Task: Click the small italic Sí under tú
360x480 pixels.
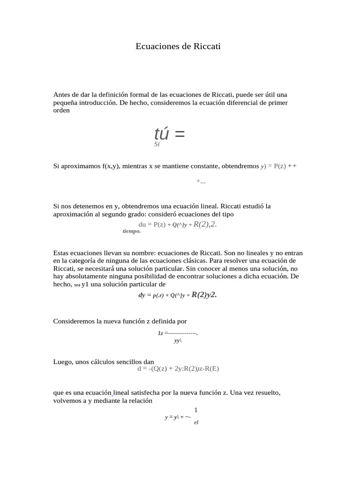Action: (x=157, y=145)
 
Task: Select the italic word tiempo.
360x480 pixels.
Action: (x=132, y=231)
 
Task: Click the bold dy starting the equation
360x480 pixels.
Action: (x=142, y=295)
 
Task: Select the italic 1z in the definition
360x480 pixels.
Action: (x=160, y=333)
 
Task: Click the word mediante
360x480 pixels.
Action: (x=102, y=401)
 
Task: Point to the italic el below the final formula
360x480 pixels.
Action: (x=196, y=422)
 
